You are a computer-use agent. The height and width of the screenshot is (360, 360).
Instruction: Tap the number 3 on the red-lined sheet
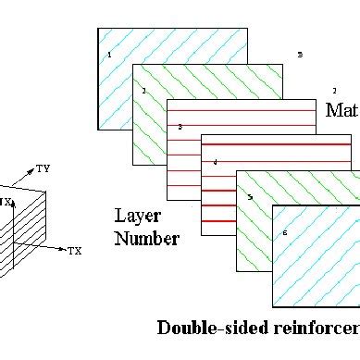pyautogui.click(x=180, y=126)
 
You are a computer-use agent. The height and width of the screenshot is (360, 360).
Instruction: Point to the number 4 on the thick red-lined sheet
pyautogui.click(x=215, y=162)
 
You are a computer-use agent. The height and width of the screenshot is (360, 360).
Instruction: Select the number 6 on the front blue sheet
pyautogui.click(x=284, y=232)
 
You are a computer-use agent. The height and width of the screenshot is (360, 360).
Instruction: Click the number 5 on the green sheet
pyautogui.click(x=249, y=197)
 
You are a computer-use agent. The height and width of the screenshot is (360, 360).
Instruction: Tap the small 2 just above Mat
pyautogui.click(x=334, y=91)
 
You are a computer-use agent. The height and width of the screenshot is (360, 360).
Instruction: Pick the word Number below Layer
pyautogui.click(x=146, y=239)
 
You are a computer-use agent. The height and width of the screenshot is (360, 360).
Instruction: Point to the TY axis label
pyautogui.click(x=43, y=168)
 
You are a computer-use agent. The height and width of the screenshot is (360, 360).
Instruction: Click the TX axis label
pyautogui.click(x=75, y=251)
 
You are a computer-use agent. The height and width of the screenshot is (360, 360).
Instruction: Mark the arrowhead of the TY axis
pyautogui.click(x=32, y=172)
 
